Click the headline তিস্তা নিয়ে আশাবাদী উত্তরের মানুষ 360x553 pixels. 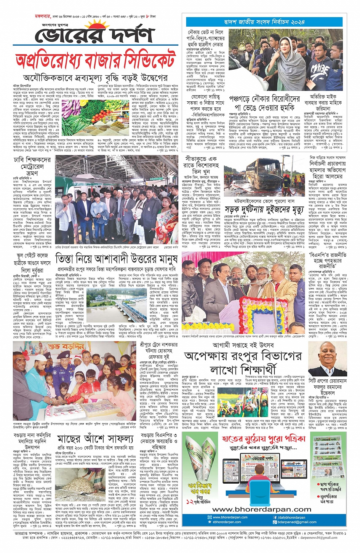tap(117, 259)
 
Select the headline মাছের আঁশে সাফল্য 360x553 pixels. tap(95, 438)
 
